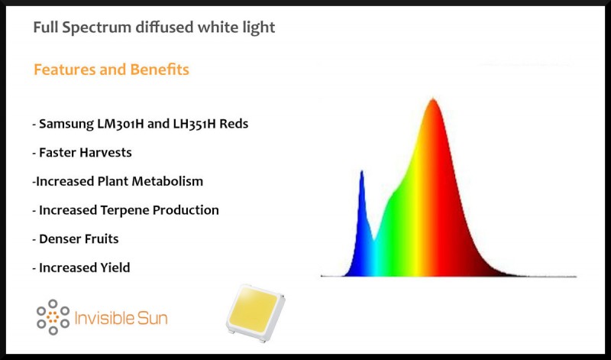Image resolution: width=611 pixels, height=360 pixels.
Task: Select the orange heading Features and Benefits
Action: pos(112,70)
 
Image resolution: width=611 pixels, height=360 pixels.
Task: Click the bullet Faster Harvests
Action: pos(82,152)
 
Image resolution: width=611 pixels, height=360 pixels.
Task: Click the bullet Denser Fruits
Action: pos(75,238)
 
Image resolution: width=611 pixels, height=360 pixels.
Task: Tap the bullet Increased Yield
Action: pos(81,268)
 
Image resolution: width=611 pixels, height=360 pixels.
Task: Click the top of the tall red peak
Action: pos(434,99)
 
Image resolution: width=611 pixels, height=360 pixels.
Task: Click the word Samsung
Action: pos(68,124)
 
